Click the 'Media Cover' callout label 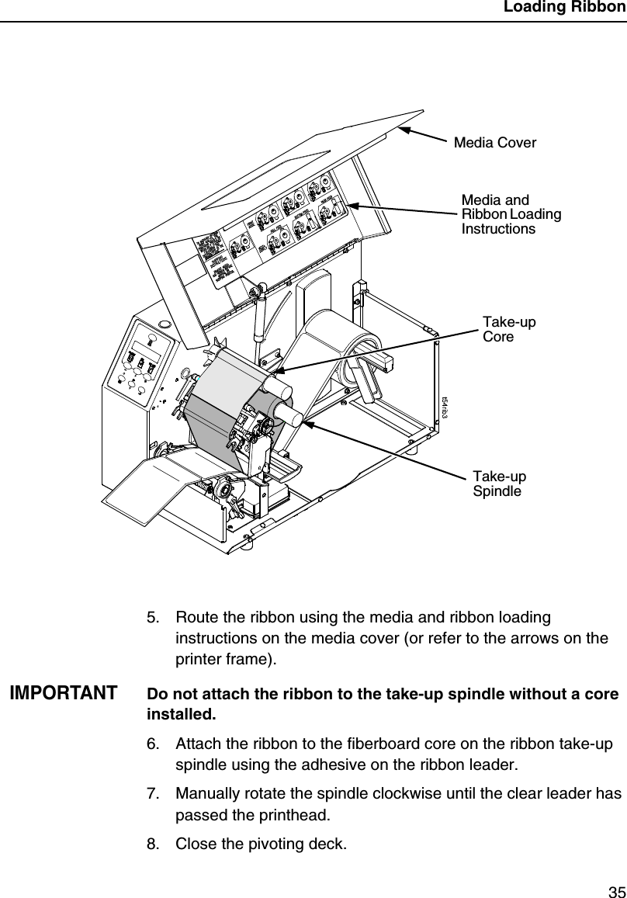494,143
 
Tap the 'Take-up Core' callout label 508,329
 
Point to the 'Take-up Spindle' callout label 499,484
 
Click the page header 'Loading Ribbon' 563,9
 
